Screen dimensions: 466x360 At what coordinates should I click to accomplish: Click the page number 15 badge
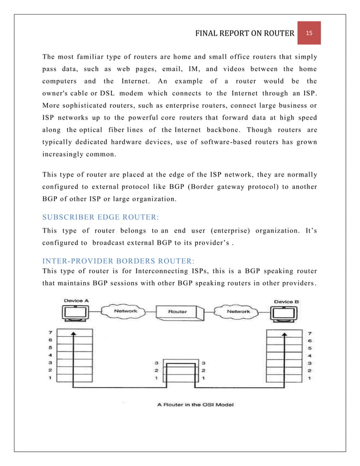point(309,33)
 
